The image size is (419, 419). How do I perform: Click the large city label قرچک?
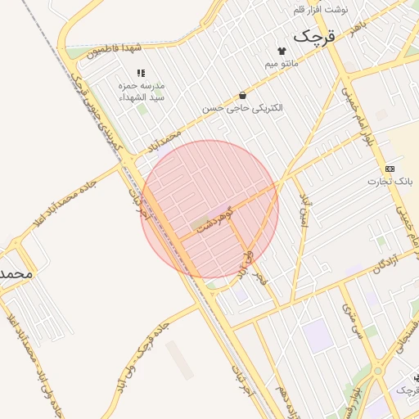point(314,36)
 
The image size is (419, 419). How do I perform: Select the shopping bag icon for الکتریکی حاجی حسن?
point(242,95)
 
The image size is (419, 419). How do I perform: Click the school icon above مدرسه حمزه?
point(140,74)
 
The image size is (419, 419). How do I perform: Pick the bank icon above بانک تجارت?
point(390,169)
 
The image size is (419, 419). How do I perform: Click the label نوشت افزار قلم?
point(321,9)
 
